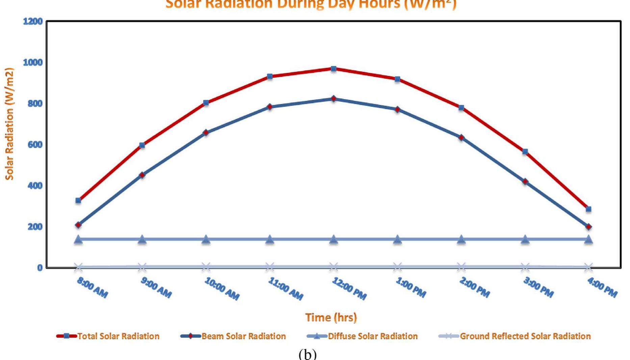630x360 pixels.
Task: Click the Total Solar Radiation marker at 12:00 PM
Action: (334, 69)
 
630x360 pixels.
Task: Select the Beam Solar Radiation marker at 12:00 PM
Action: (334, 99)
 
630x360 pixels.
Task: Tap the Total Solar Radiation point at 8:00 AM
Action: (78, 201)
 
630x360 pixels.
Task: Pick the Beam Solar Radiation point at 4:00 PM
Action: (588, 227)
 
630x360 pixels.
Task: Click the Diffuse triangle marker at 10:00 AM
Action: (206, 239)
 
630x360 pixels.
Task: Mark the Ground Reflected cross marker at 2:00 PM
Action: (461, 267)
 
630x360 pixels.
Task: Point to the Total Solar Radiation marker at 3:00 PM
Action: (525, 152)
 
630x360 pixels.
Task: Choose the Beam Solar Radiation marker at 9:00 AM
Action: (142, 175)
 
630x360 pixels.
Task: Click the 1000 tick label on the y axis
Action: (33, 62)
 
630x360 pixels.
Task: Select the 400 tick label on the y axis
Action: (35, 185)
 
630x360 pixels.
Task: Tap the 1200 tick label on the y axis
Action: (33, 22)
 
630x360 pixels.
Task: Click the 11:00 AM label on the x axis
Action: (286, 289)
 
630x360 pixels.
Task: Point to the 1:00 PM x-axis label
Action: (411, 287)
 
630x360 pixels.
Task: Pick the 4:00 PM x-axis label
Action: (602, 287)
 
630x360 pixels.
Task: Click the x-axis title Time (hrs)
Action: (331, 317)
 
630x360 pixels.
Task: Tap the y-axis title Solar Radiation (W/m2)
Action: (9, 124)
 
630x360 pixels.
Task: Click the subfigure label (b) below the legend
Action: (308, 354)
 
